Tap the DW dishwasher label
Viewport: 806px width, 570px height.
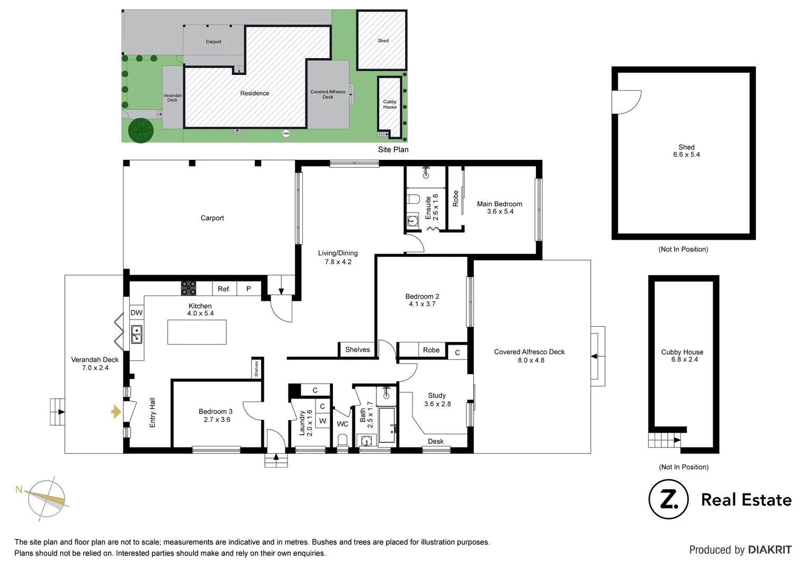click(137, 313)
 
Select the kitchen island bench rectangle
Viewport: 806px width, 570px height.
click(197, 332)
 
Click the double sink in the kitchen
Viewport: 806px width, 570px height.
click(137, 335)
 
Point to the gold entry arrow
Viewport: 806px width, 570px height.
click(116, 412)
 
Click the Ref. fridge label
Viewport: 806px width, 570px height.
click(224, 289)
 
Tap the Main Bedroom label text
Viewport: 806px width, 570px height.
click(500, 204)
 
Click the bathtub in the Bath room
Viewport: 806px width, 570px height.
click(388, 425)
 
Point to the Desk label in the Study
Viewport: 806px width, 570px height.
click(436, 441)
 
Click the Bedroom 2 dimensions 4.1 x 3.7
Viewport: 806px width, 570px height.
click(422, 304)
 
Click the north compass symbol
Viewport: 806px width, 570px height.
click(48, 497)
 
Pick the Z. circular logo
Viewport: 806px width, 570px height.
click(668, 500)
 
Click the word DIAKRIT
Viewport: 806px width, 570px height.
click(770, 550)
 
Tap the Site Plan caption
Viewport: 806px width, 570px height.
click(393, 149)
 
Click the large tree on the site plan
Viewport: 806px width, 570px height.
click(140, 130)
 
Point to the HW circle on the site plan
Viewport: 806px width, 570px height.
click(286, 134)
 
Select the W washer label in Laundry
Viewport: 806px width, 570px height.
click(323, 421)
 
